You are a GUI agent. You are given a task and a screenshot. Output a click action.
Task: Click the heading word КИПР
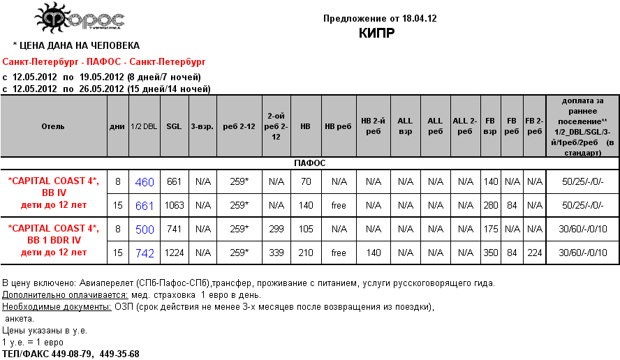click(376, 33)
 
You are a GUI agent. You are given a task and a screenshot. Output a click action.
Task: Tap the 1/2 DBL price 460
click(145, 182)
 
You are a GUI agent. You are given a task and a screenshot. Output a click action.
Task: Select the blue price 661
click(145, 206)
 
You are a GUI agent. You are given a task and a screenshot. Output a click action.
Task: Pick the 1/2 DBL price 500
click(145, 230)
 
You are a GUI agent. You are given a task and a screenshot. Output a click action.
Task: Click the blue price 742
click(145, 253)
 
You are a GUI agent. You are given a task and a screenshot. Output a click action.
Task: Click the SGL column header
click(175, 126)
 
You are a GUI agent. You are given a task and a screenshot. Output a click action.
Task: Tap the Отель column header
click(53, 126)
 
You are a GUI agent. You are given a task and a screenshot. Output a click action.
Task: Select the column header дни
click(117, 126)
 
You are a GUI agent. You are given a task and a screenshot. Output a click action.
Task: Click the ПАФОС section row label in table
click(310, 163)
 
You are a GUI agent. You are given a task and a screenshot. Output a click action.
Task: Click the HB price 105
click(305, 230)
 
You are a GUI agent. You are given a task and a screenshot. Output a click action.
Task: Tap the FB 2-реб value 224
click(535, 253)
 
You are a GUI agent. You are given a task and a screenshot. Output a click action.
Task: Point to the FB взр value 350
click(491, 253)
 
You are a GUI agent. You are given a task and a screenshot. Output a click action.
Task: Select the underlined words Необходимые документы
click(57, 307)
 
